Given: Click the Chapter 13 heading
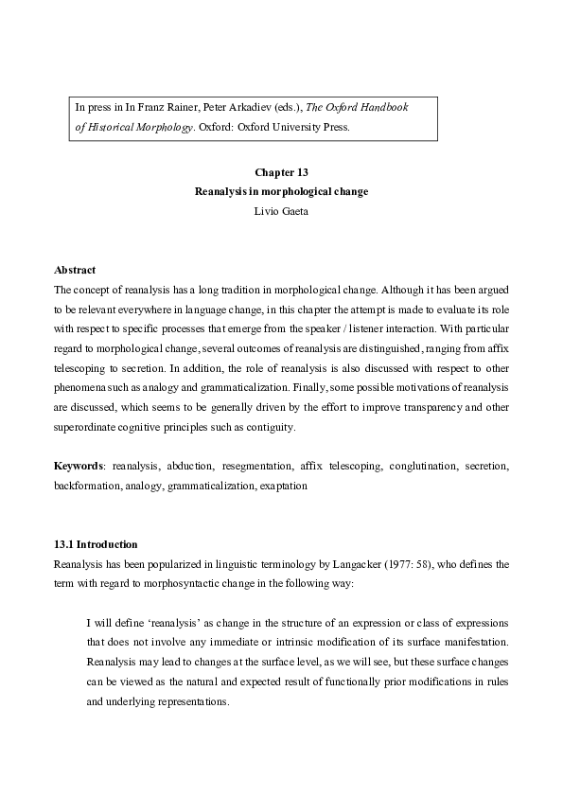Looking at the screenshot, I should point(281,173).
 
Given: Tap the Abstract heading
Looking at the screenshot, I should point(76,270).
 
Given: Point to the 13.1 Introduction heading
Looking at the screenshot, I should point(96,544).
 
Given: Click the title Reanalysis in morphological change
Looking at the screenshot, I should point(281,191).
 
